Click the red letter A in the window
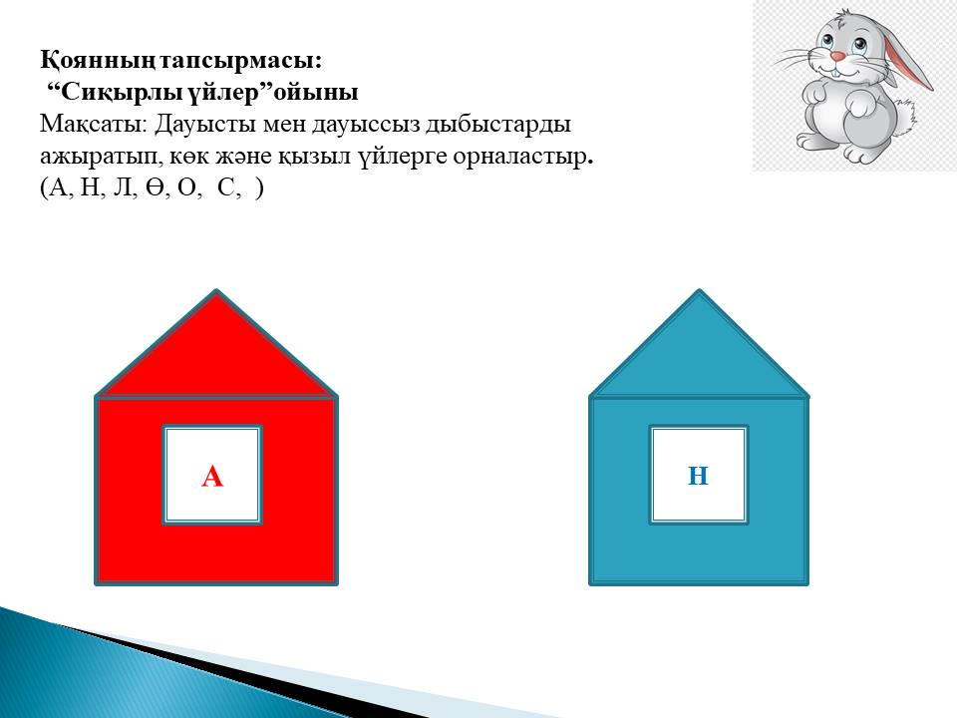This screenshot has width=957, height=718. (x=212, y=476)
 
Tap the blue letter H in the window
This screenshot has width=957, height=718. (x=698, y=475)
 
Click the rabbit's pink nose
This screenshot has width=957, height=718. (x=838, y=57)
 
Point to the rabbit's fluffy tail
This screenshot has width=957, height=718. (x=906, y=120)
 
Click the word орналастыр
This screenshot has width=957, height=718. (x=522, y=158)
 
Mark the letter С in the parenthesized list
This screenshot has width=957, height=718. (x=226, y=188)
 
